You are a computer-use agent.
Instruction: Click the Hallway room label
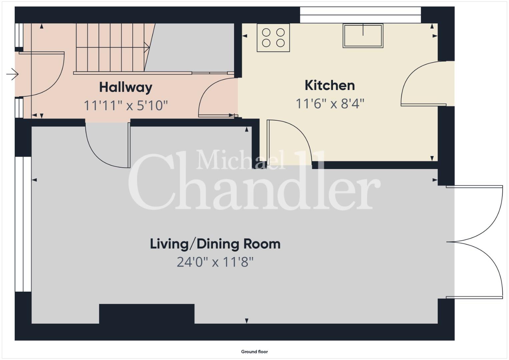126,88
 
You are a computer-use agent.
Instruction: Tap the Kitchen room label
330,85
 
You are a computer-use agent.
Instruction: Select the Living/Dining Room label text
215,244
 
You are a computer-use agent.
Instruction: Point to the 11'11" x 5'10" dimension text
126,105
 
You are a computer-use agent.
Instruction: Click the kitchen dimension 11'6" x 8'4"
330,104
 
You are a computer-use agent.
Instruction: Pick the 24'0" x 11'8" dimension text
215,262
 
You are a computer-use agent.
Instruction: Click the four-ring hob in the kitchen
273,38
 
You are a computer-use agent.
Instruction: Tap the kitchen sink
363,36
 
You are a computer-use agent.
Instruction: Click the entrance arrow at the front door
12,74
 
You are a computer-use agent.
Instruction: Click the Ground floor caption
255,352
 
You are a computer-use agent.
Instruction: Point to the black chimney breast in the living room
147,314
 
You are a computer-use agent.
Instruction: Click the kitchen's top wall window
360,15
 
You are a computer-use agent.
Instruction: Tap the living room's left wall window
23,224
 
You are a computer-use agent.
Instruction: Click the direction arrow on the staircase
147,47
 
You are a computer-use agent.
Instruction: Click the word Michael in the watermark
240,159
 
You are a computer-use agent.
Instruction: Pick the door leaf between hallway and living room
129,145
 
